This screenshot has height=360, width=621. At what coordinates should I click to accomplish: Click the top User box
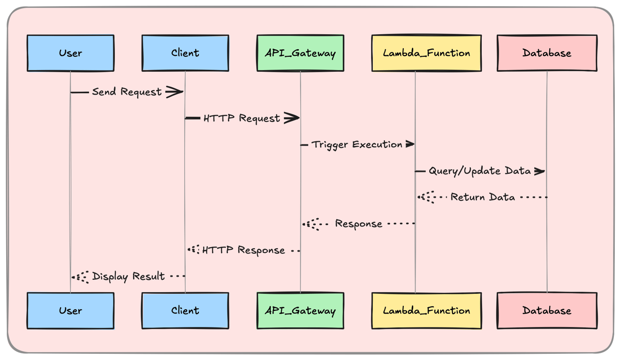[x=70, y=53]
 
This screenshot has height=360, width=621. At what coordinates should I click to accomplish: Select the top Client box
[x=185, y=53]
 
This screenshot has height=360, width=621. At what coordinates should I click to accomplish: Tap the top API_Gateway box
[x=300, y=53]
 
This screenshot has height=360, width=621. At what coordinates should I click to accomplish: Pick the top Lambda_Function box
[x=426, y=53]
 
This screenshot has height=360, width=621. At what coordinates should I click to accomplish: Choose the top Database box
[x=547, y=53]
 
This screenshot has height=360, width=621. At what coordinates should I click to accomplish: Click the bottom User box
[x=70, y=311]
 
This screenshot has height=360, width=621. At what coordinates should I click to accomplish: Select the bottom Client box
[x=185, y=311]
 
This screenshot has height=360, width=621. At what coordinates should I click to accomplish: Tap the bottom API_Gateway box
[x=300, y=311]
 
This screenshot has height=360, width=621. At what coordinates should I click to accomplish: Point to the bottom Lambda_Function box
[x=426, y=311]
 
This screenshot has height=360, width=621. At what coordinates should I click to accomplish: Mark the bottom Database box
[x=547, y=311]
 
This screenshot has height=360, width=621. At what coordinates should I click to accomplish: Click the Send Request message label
[x=127, y=92]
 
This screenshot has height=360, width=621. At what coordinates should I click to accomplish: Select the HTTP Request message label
[x=242, y=119]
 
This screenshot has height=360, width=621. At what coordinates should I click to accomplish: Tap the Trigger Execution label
[x=357, y=145]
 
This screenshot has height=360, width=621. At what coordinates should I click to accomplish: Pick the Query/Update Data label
[x=479, y=171]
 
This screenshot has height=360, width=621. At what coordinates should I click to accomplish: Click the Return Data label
[x=483, y=197]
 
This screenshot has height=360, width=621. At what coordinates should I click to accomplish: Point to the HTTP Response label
[x=243, y=250]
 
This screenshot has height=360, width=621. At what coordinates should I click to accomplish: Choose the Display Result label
[x=129, y=277]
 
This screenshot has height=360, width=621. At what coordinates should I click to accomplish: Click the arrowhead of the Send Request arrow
[x=175, y=92]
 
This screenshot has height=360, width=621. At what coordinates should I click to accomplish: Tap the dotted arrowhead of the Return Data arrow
[x=426, y=197]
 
